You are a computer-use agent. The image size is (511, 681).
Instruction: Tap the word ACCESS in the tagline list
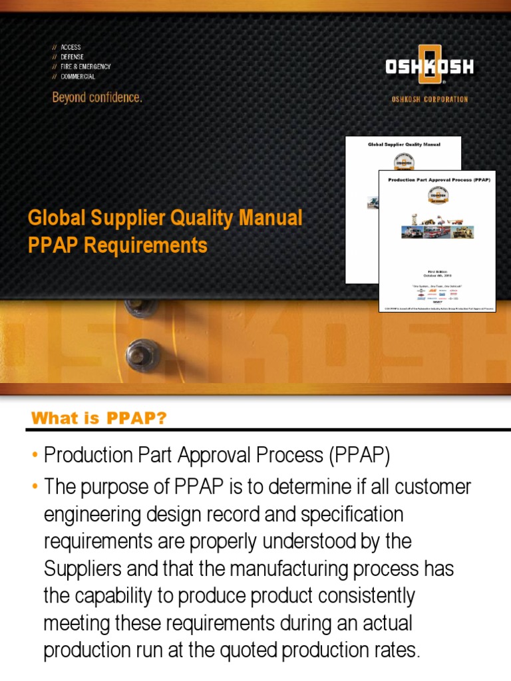pyautogui.click(x=71, y=48)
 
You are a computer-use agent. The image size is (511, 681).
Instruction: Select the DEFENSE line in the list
pyautogui.click(x=72, y=57)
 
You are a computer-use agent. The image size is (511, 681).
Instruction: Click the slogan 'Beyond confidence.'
pyautogui.click(x=97, y=97)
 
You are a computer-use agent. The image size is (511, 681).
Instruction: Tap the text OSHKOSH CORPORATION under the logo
pyautogui.click(x=429, y=99)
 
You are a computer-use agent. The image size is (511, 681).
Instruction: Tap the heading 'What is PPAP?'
pyautogui.click(x=98, y=418)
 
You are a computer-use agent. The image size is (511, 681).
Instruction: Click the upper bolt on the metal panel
pyautogui.click(x=141, y=308)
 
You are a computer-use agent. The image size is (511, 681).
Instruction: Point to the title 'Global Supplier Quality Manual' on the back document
pyautogui.click(x=404, y=144)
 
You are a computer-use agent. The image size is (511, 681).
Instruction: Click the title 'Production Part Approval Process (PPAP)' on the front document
pyautogui.click(x=438, y=180)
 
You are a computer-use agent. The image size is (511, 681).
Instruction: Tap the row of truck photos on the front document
pyautogui.click(x=438, y=231)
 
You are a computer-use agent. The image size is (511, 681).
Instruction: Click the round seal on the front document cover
pyautogui.click(x=438, y=196)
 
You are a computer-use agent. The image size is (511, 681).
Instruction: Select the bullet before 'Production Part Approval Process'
pyautogui.click(x=35, y=456)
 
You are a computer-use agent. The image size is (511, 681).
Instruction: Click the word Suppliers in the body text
pyautogui.click(x=80, y=569)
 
